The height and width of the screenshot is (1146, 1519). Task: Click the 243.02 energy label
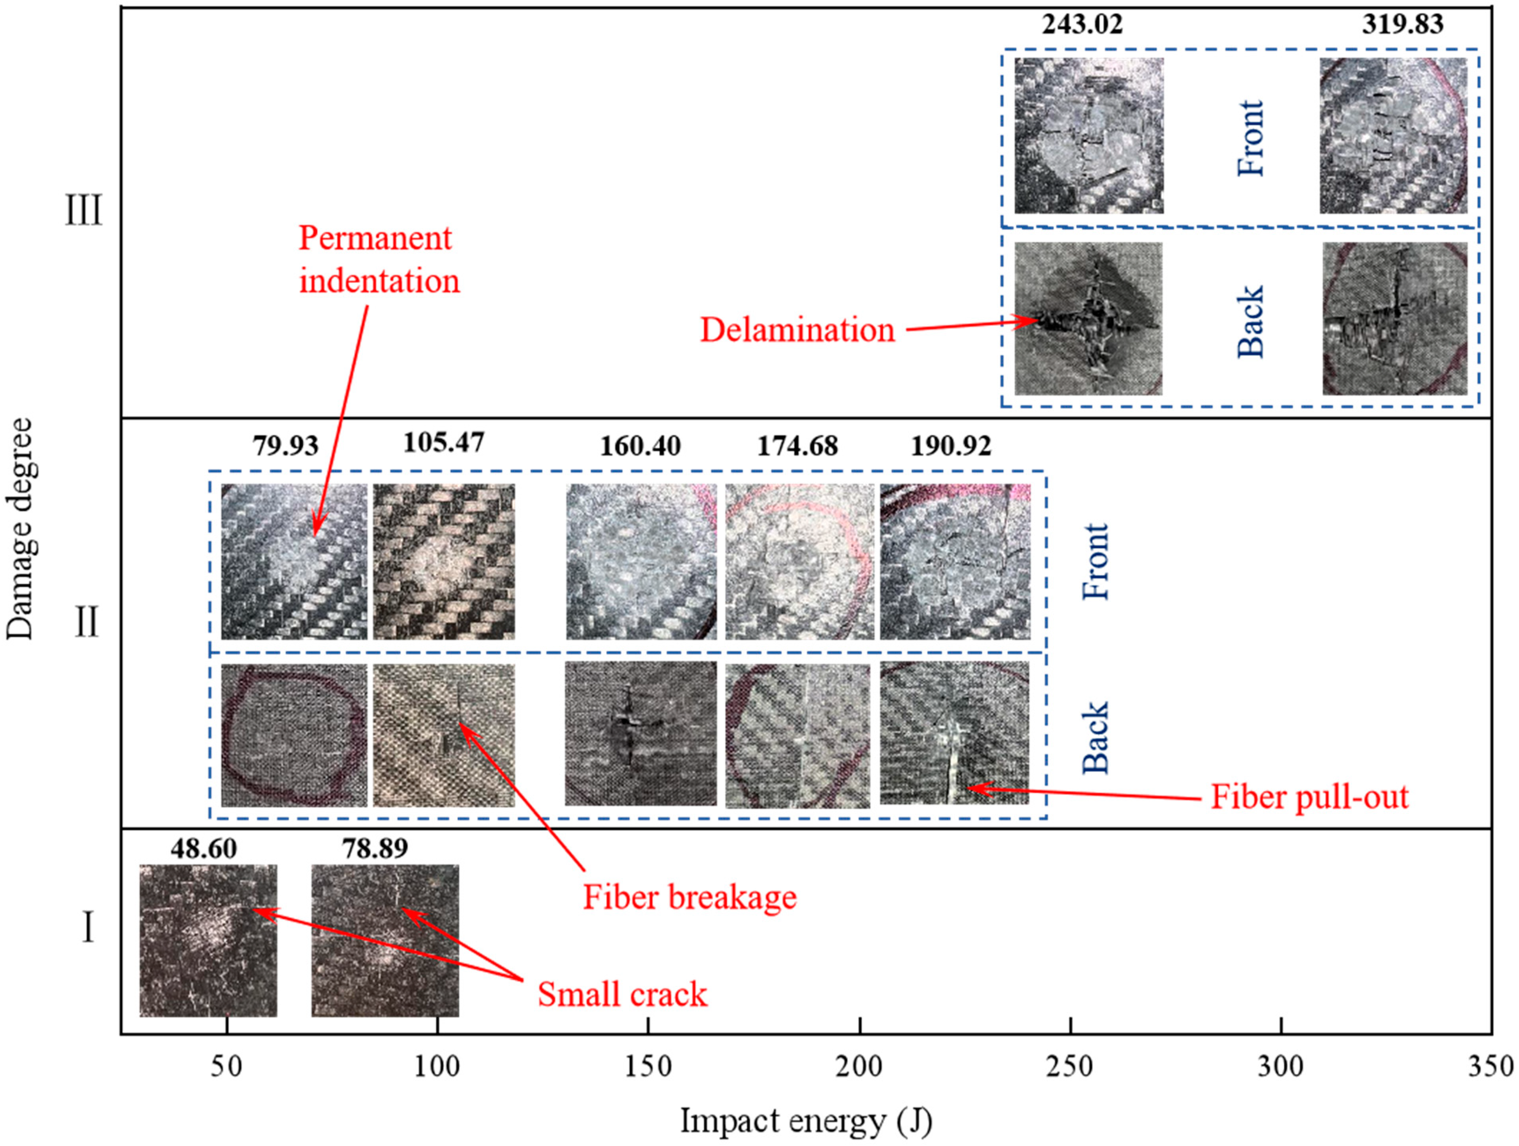pyautogui.click(x=1082, y=25)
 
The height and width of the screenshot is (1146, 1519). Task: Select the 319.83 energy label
pyautogui.click(x=1402, y=25)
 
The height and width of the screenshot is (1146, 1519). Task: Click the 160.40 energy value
pyautogui.click(x=640, y=446)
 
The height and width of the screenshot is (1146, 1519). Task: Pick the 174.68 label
pyautogui.click(x=797, y=446)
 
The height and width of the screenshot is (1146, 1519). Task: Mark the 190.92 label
pyautogui.click(x=951, y=446)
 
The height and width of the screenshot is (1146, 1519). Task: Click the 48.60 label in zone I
pyautogui.click(x=204, y=849)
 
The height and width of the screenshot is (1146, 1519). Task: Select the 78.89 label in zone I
pyautogui.click(x=375, y=849)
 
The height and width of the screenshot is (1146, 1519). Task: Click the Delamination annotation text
pyautogui.click(x=797, y=330)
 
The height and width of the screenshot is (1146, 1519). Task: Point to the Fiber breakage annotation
pyautogui.click(x=690, y=897)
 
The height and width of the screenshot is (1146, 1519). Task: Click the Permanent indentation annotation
pyautogui.click(x=378, y=260)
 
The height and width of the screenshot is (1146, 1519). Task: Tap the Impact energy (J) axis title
pyautogui.click(x=806, y=1121)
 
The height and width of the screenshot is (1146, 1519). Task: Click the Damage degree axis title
pyautogui.click(x=19, y=528)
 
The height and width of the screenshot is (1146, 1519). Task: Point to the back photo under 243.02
pyautogui.click(x=1088, y=319)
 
